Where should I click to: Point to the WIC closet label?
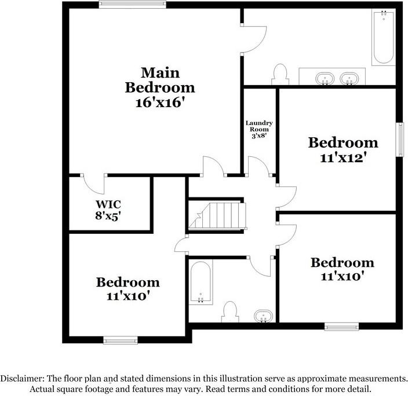point(108,204)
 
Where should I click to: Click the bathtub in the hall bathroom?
point(201,283)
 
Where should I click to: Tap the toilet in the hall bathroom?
point(231,311)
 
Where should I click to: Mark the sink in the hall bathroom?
point(264,315)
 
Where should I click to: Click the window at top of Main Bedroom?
point(132,5)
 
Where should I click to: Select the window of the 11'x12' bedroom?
point(400,139)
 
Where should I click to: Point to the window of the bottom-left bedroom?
point(121,339)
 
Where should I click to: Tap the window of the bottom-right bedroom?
point(342,327)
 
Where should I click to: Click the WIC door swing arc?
point(94,184)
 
